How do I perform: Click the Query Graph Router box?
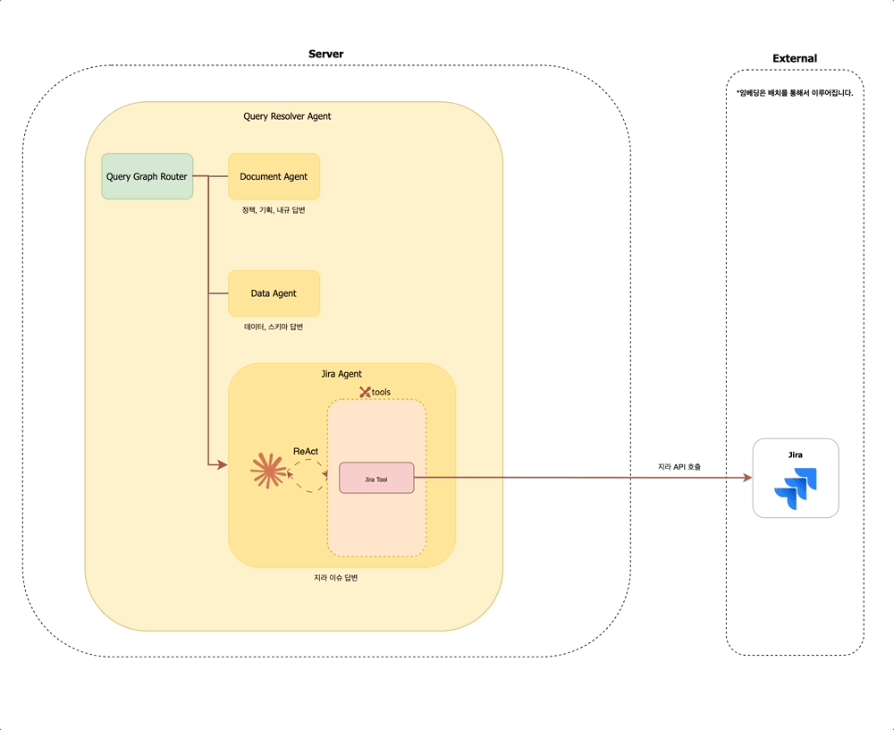coord(147,176)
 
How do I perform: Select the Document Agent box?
coord(274,176)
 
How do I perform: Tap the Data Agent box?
coord(274,293)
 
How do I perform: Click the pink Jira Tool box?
coord(376,479)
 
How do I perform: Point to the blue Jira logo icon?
coord(796,488)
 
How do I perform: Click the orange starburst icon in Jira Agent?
coord(266,471)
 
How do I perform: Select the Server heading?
coord(325,55)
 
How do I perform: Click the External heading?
coord(795,59)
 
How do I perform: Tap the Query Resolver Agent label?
coord(287,116)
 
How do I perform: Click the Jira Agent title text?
coord(342,374)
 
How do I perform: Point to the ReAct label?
coord(306,451)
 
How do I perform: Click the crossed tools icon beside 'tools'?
coord(365,392)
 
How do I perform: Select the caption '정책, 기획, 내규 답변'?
coord(274,210)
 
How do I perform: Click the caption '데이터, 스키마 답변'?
coord(274,327)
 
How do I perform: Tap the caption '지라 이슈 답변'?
coord(336,578)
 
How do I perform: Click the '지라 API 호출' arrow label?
coord(679,467)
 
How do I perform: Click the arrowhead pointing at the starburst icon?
coord(223,464)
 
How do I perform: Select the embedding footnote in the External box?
coord(795,93)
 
